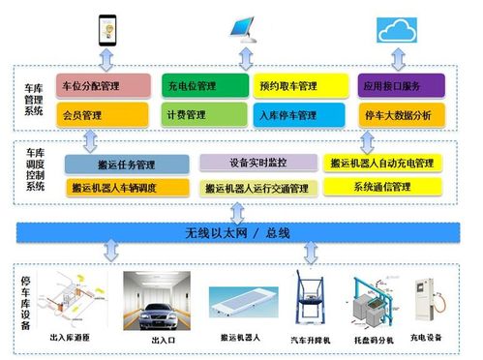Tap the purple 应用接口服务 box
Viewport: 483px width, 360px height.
click(x=395, y=86)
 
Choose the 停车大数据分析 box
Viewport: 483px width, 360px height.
click(x=395, y=115)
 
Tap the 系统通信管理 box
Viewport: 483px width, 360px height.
click(x=381, y=185)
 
